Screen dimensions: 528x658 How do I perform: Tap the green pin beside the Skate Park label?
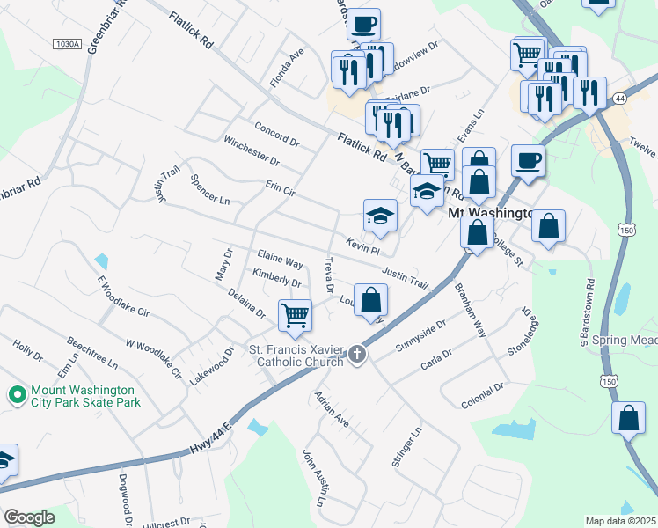16,396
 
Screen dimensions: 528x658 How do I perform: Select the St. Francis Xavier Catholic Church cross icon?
356,354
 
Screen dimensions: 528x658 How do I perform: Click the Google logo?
29,517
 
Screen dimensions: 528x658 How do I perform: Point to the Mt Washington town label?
491,213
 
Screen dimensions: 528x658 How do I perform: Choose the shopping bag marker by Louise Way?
370,300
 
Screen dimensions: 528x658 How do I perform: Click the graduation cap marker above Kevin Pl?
380,216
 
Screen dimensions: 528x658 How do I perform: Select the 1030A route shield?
66,44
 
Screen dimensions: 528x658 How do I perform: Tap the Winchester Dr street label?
251,150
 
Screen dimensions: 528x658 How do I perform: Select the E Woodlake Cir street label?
124,299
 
